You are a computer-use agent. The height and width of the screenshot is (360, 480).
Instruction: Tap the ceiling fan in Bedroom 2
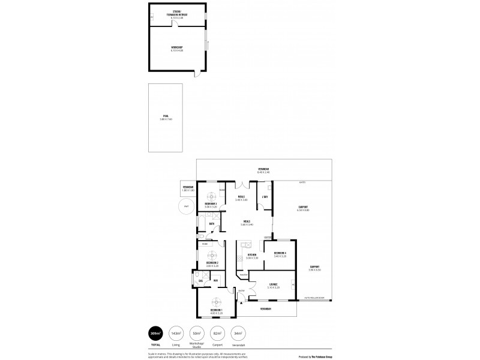pos(211,253)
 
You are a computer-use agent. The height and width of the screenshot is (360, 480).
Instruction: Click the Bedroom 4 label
pos(280,254)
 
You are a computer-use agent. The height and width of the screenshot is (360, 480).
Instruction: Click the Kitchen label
pos(252,254)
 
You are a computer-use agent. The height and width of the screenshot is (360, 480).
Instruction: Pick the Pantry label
pos(242,275)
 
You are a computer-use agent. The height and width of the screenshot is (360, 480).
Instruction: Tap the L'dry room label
pos(264,196)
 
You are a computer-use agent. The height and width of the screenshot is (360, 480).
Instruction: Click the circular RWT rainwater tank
pos(187,207)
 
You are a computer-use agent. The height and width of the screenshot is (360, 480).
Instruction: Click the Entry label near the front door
pos(241,291)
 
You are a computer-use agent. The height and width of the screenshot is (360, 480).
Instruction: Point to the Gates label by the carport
pos(303,182)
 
